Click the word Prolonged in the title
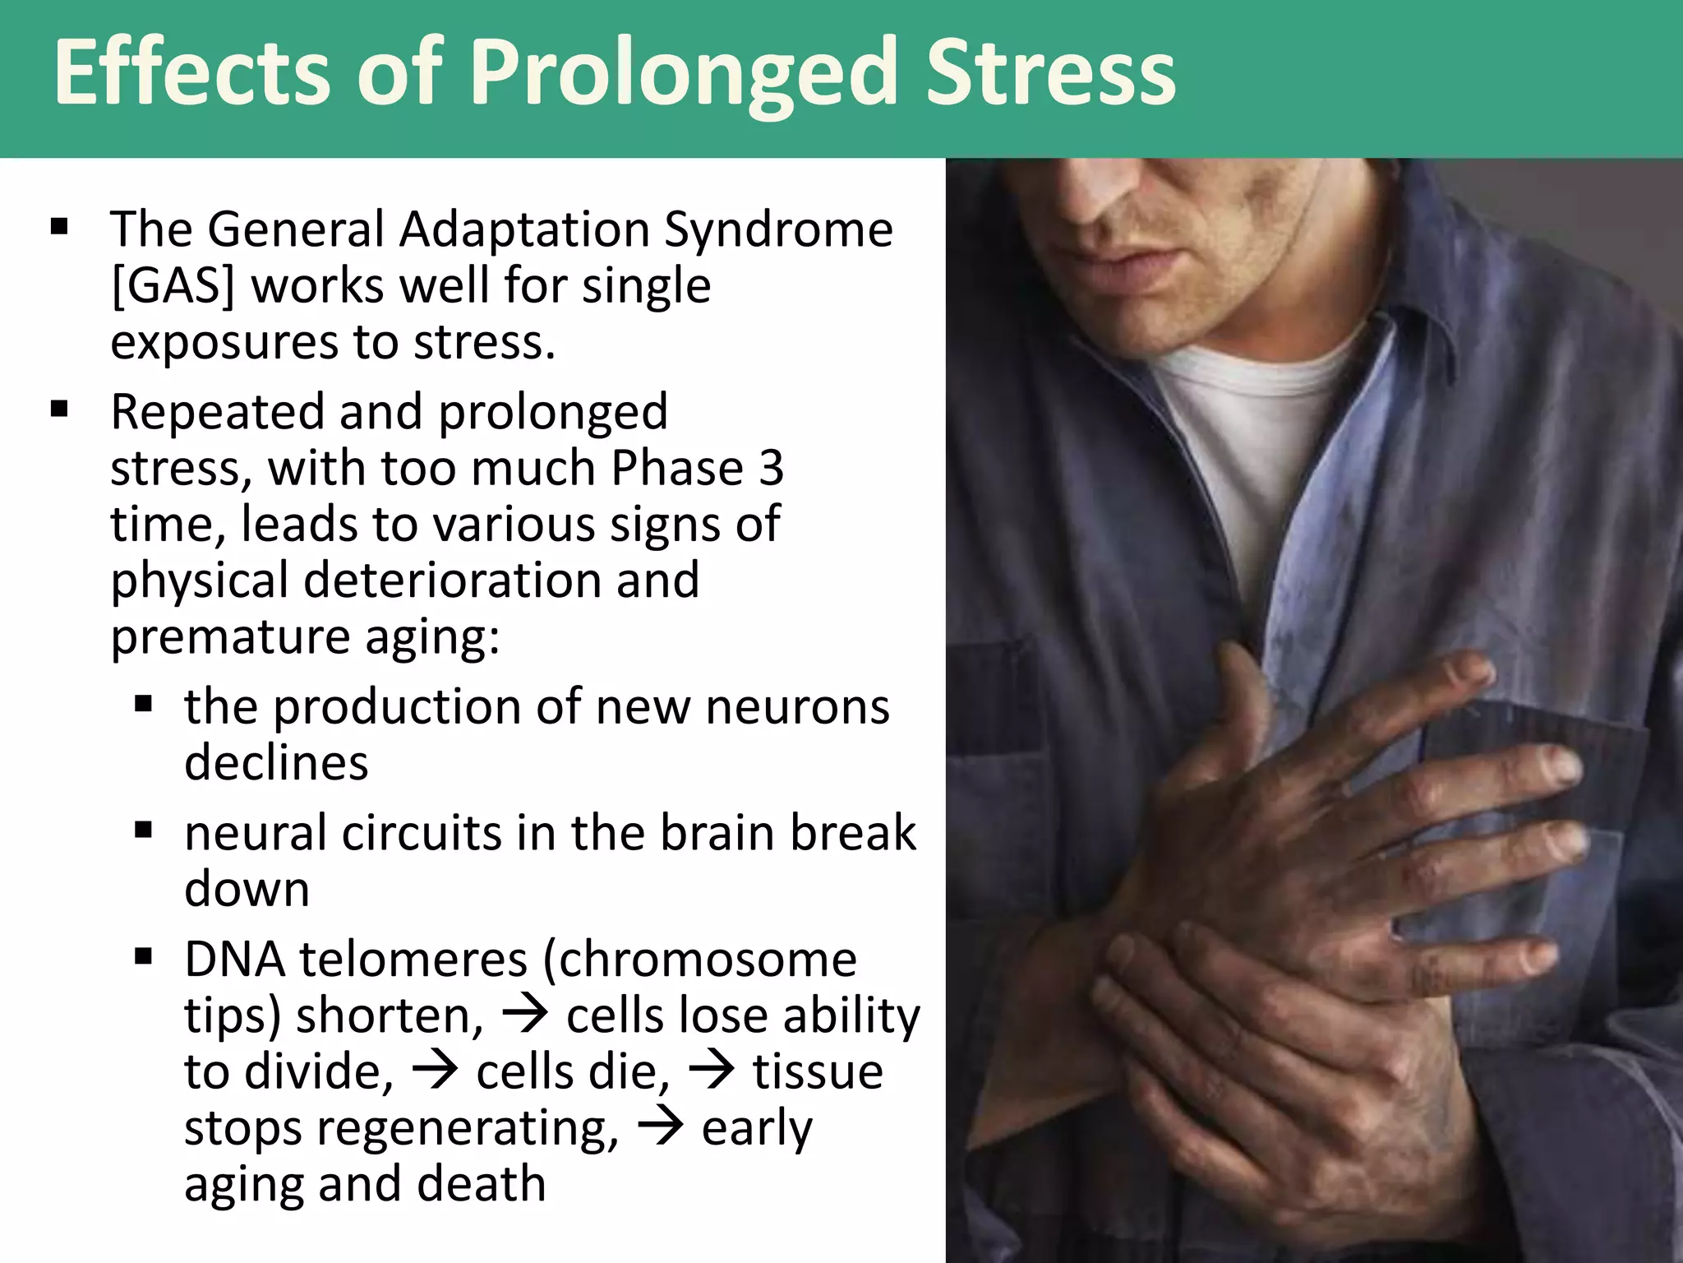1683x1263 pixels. coord(684,74)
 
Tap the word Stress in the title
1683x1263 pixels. coord(1051,74)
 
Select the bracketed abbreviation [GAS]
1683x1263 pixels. coord(173,286)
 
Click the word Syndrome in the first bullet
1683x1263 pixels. coord(778,229)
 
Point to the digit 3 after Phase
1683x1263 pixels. coord(771,468)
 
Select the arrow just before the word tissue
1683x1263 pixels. coord(712,1072)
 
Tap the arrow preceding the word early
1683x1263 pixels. coord(661,1128)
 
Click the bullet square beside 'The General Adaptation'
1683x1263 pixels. coord(59,226)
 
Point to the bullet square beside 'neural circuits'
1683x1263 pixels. coord(144,830)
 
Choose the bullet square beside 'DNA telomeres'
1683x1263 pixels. coord(144,956)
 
